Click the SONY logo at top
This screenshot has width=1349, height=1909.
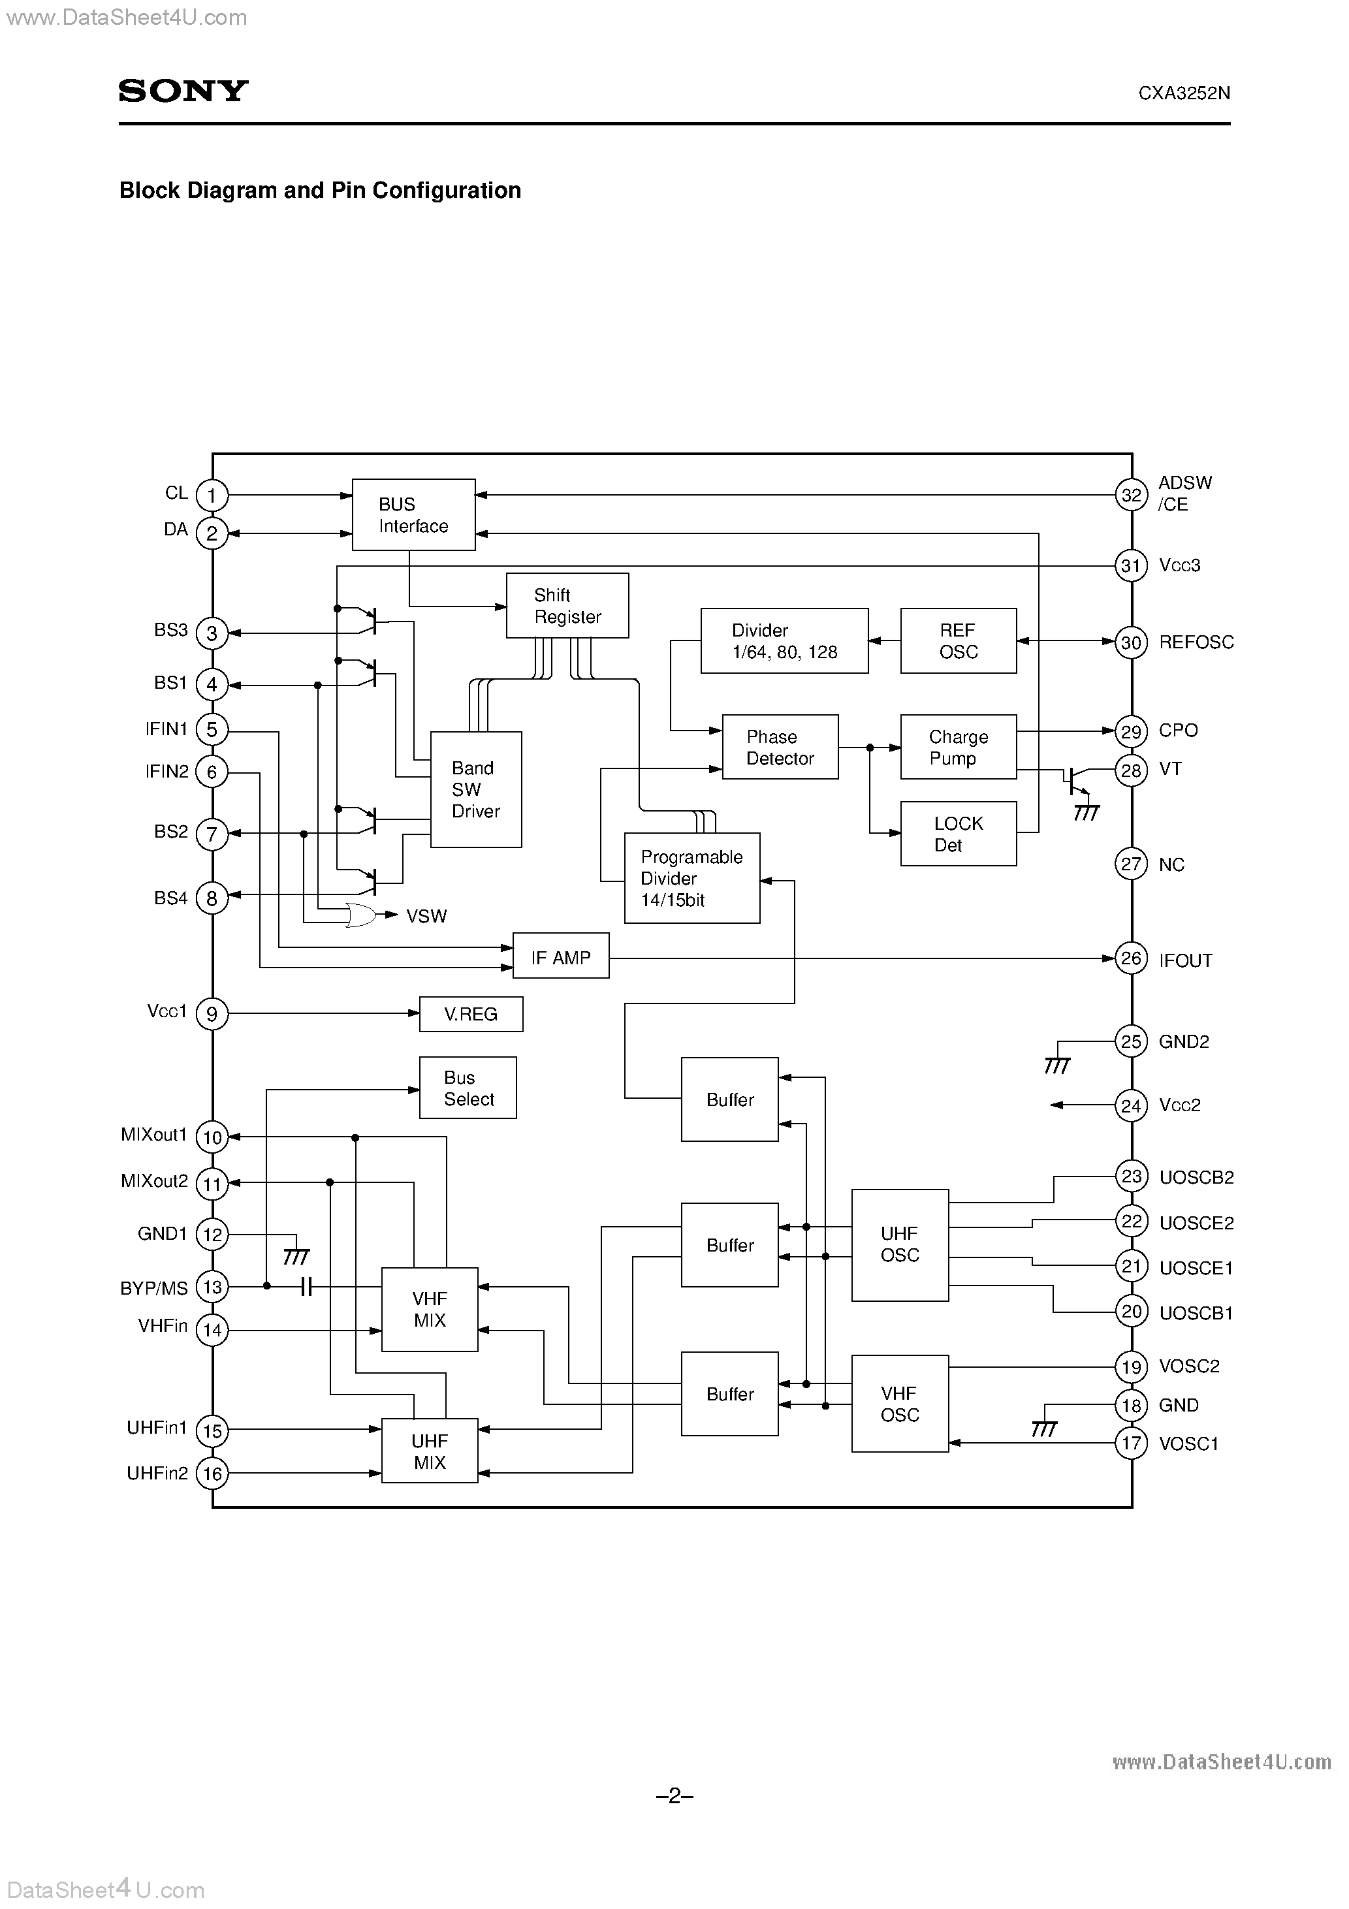183,91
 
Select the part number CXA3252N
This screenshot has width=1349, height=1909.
1184,94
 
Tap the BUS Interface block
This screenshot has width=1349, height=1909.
413,514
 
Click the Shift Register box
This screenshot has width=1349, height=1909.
567,605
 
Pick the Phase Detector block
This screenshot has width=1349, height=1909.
779,747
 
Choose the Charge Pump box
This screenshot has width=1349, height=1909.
957,747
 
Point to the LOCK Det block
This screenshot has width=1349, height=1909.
957,833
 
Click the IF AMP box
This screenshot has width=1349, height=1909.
560,957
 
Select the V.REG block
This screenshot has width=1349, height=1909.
471,1013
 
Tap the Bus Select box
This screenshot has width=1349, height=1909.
468,1088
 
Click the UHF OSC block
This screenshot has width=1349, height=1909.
899,1244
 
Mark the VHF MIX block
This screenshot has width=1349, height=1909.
429,1309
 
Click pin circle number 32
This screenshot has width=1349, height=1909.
1131,496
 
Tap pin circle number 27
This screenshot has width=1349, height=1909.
1131,864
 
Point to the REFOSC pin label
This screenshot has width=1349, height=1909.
1196,642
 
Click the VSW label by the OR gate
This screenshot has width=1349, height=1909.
426,916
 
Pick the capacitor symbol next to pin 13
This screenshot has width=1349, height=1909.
306,1287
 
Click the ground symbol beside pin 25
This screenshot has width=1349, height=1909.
1056,1064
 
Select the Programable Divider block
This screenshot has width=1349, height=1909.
691,878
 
